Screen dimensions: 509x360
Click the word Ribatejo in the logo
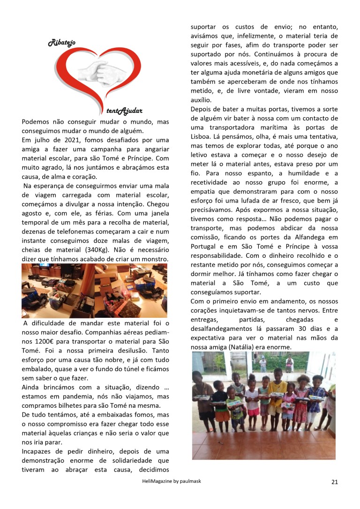[62, 44]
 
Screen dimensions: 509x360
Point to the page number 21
[335, 481]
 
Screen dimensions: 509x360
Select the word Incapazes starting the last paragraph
[39, 452]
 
